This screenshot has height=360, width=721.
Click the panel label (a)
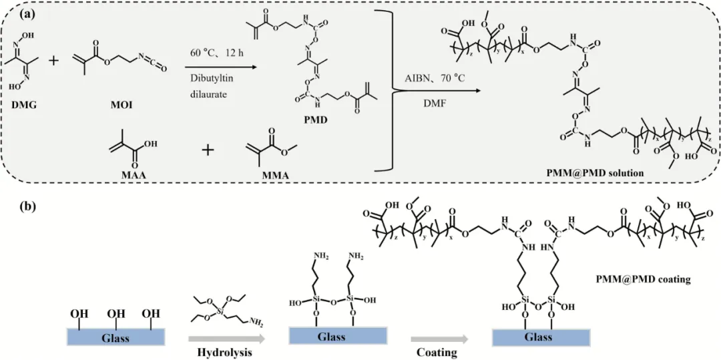tap(16, 13)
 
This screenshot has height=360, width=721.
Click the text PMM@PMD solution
tap(604, 174)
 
